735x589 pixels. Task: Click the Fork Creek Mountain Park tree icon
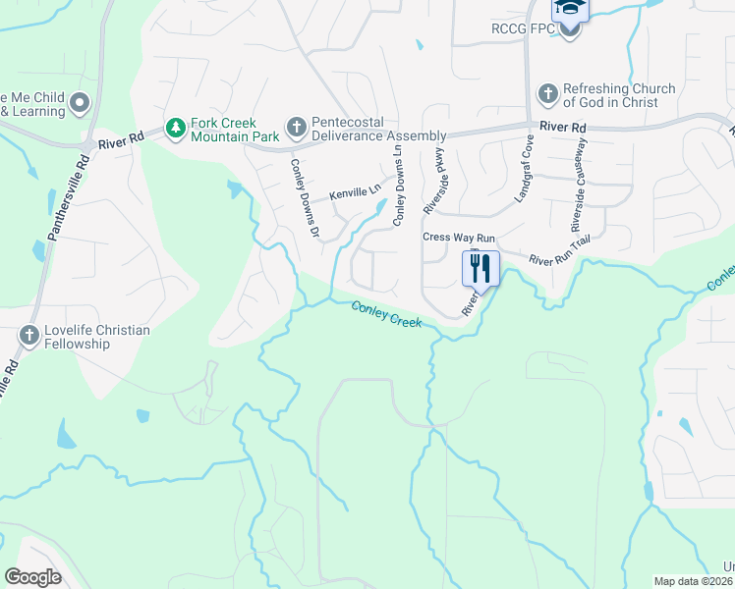pyautogui.click(x=176, y=129)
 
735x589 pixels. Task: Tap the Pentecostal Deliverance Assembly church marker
pyautogui.click(x=295, y=128)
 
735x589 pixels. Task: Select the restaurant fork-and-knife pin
pyautogui.click(x=481, y=269)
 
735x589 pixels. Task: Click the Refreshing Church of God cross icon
pyautogui.click(x=548, y=95)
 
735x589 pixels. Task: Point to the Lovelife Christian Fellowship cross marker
pyautogui.click(x=28, y=337)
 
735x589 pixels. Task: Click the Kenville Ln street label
pyautogui.click(x=355, y=194)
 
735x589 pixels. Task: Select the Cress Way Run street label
pyautogui.click(x=459, y=238)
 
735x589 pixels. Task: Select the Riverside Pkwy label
pyautogui.click(x=433, y=181)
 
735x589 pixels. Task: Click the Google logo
pyautogui.click(x=32, y=577)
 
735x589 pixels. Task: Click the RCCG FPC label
pyautogui.click(x=523, y=29)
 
